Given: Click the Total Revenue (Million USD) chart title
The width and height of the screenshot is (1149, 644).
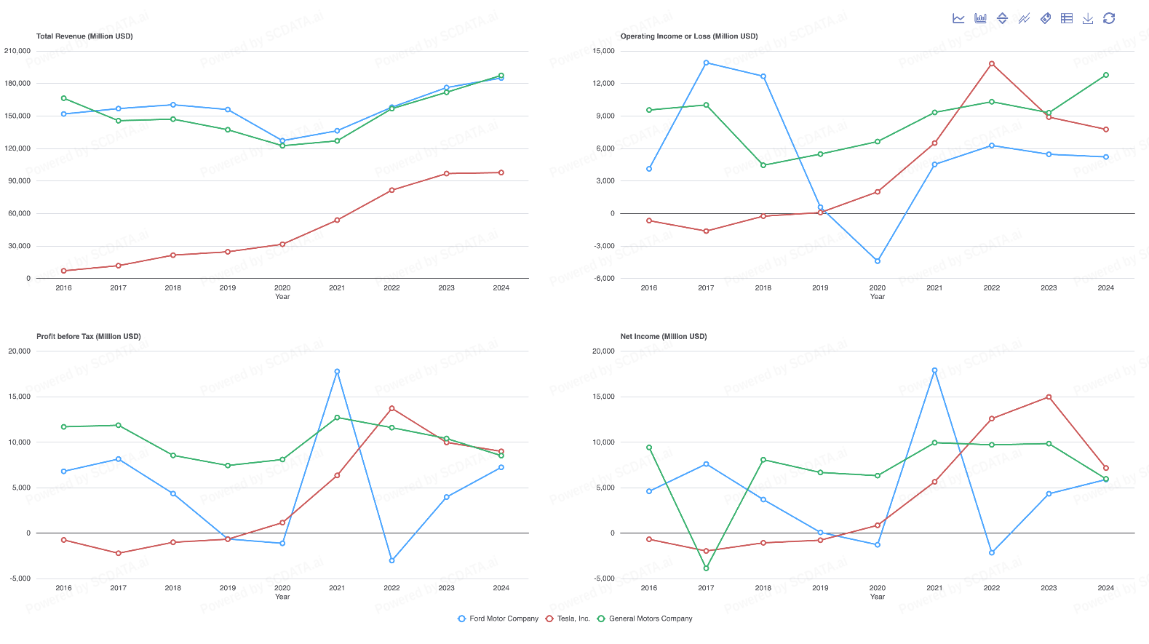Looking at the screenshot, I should pyautogui.click(x=84, y=36).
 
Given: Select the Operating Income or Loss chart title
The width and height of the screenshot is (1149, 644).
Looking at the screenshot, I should pyautogui.click(x=688, y=36).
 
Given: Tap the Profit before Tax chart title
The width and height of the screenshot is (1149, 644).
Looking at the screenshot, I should pyautogui.click(x=88, y=337).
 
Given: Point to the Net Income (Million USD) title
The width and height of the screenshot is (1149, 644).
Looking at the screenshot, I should pyautogui.click(x=663, y=337).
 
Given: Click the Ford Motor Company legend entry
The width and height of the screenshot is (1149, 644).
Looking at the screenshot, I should pyautogui.click(x=498, y=619).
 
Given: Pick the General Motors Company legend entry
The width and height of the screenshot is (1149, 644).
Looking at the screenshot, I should pyautogui.click(x=645, y=619).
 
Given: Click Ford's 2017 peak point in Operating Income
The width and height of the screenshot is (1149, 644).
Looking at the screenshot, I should pyautogui.click(x=706, y=63).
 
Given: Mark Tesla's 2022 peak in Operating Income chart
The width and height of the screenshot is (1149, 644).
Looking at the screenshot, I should pyautogui.click(x=991, y=64).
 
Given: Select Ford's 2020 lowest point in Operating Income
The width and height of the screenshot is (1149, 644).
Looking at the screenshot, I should pyautogui.click(x=878, y=261).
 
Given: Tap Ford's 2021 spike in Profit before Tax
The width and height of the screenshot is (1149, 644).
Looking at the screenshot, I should pyautogui.click(x=337, y=372).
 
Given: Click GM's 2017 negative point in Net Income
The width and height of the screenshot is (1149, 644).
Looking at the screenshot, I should pyautogui.click(x=706, y=568).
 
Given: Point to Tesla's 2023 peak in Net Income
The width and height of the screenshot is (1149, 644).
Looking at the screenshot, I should pyautogui.click(x=1049, y=397).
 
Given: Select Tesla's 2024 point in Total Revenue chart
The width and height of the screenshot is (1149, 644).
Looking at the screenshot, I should pyautogui.click(x=501, y=172).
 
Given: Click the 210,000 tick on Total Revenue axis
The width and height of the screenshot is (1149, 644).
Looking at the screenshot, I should pyautogui.click(x=17, y=51).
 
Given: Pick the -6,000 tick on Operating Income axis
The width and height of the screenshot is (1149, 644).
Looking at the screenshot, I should pyautogui.click(x=604, y=279).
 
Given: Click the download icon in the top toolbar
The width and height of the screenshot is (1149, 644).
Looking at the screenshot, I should pyautogui.click(x=1087, y=18).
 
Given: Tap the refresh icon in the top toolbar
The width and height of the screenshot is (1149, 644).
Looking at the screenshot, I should pyautogui.click(x=1109, y=18).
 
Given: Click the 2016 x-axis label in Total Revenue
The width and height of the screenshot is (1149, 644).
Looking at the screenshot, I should pyautogui.click(x=63, y=288).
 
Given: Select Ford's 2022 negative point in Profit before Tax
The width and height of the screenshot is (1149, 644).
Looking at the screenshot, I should pyautogui.click(x=391, y=560).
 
